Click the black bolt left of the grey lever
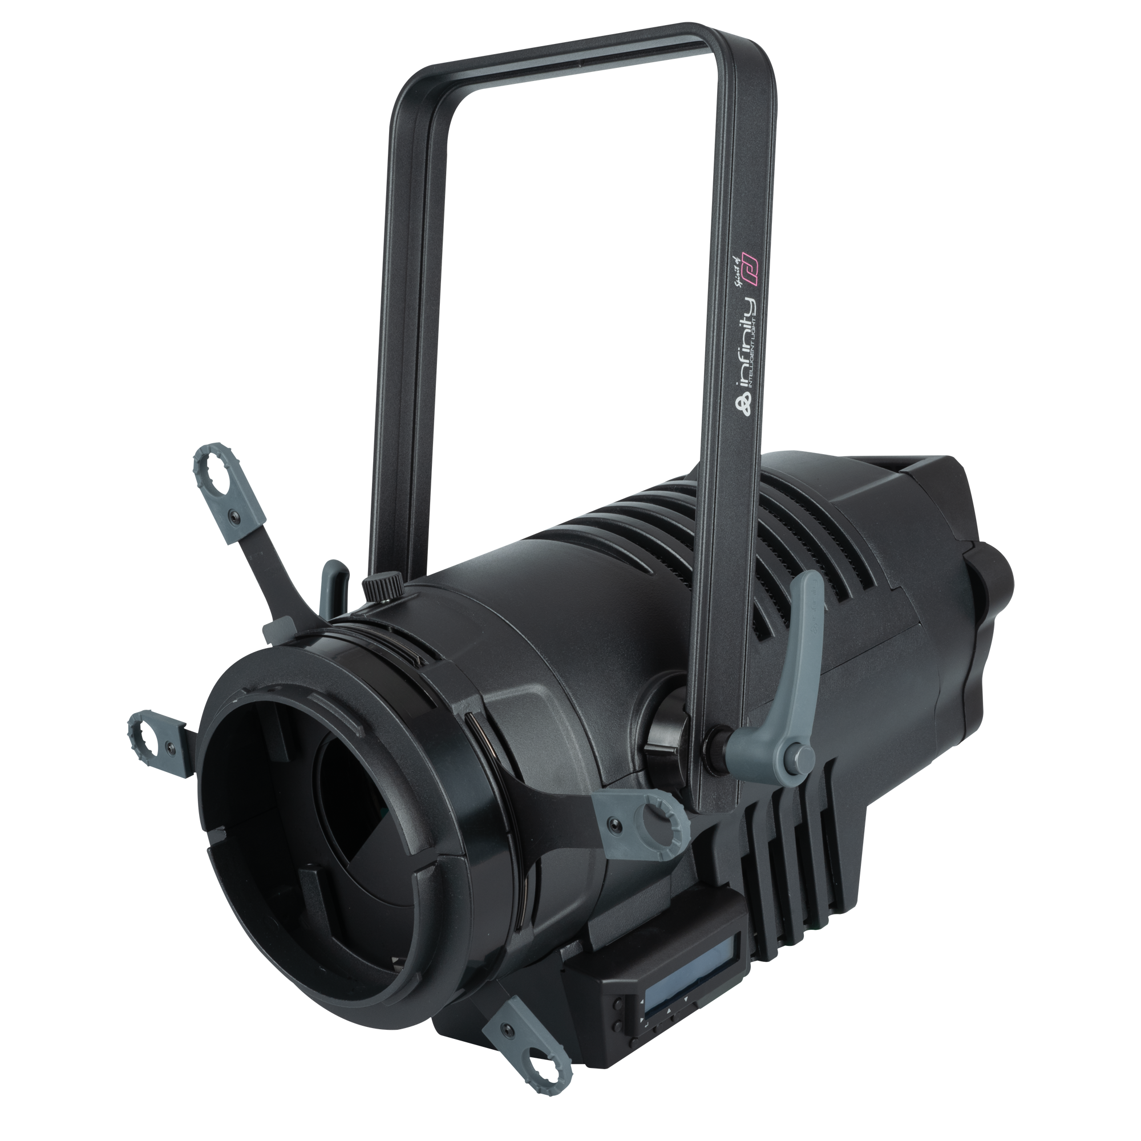click(717, 740)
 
